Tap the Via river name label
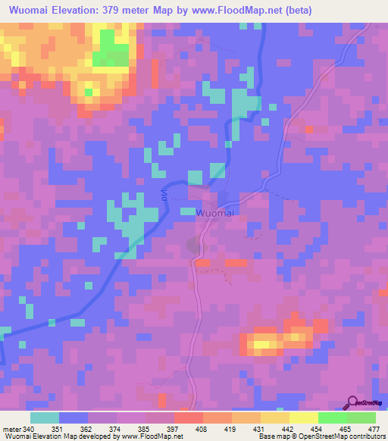162,195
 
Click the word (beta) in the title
295,11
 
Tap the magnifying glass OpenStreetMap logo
352,403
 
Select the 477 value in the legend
374,428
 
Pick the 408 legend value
201,428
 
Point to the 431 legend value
258,428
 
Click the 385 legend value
144,428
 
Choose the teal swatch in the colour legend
45,418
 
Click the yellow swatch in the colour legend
303,418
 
